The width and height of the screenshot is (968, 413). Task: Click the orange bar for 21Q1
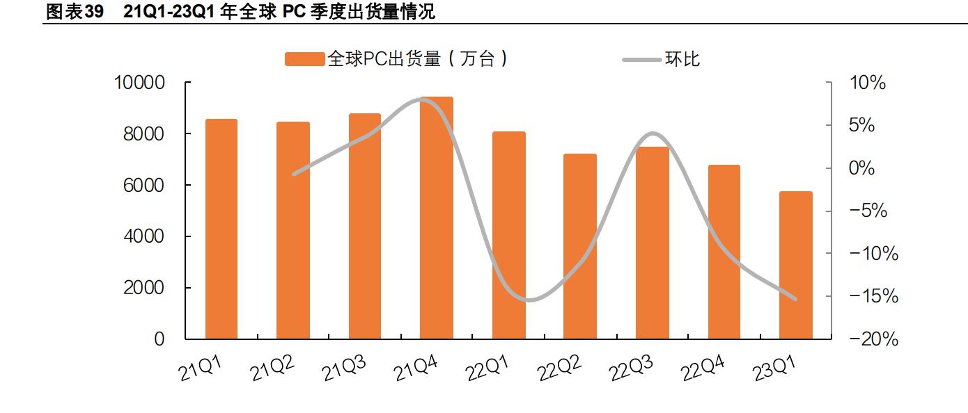click(x=221, y=229)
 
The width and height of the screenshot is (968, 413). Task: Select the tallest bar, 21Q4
click(x=437, y=218)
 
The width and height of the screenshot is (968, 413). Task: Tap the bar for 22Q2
click(x=580, y=247)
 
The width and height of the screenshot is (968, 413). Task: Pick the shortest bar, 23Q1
click(x=795, y=266)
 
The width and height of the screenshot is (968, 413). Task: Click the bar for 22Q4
click(x=724, y=252)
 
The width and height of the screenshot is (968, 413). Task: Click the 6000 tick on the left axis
click(x=144, y=186)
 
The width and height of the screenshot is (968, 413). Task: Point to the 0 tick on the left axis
click(x=159, y=340)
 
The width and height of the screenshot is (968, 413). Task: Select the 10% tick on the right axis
click(x=867, y=83)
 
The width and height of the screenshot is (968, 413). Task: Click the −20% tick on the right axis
click(x=873, y=340)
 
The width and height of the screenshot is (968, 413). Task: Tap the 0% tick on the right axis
click(x=861, y=169)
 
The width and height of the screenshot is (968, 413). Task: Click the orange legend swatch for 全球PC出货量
click(x=304, y=60)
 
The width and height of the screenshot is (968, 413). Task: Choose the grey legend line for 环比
click(x=641, y=60)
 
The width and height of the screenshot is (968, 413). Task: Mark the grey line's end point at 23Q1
click(x=795, y=299)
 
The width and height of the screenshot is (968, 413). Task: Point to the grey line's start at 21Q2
click(x=293, y=174)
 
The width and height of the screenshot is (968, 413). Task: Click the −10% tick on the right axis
click(x=873, y=254)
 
